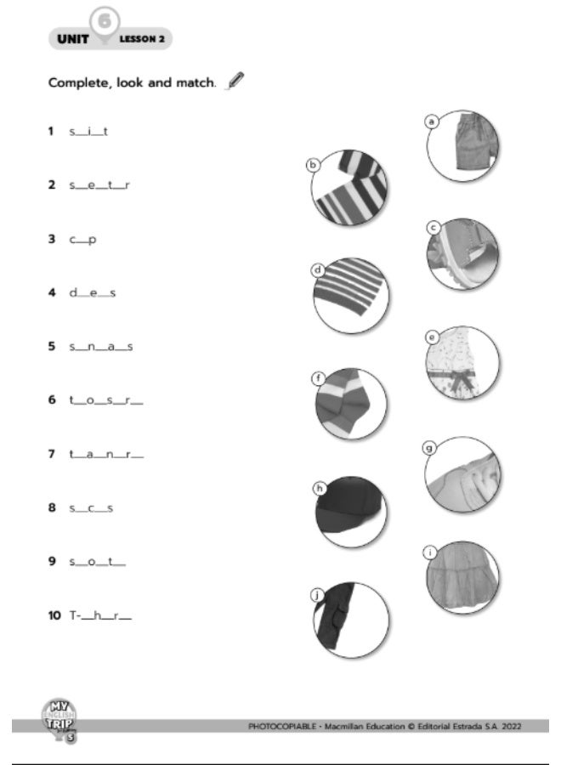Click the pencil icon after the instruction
click(235, 82)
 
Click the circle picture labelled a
click(463, 145)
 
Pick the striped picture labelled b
click(349, 189)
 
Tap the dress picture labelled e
click(462, 363)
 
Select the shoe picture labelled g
click(463, 474)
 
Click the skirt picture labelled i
click(462, 578)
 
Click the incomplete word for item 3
click(82, 239)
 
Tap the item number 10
click(54, 615)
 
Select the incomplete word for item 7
click(106, 454)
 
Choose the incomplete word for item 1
click(88, 132)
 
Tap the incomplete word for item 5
click(100, 347)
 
